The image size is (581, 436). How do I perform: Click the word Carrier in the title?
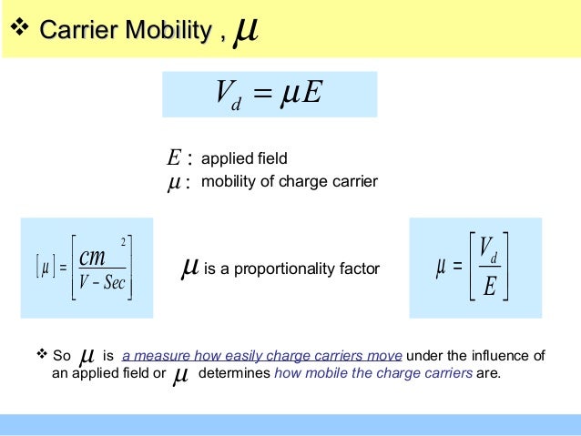click(x=77, y=33)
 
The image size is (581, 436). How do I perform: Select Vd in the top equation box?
click(x=223, y=95)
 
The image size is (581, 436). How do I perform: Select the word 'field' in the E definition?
click(x=270, y=159)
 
